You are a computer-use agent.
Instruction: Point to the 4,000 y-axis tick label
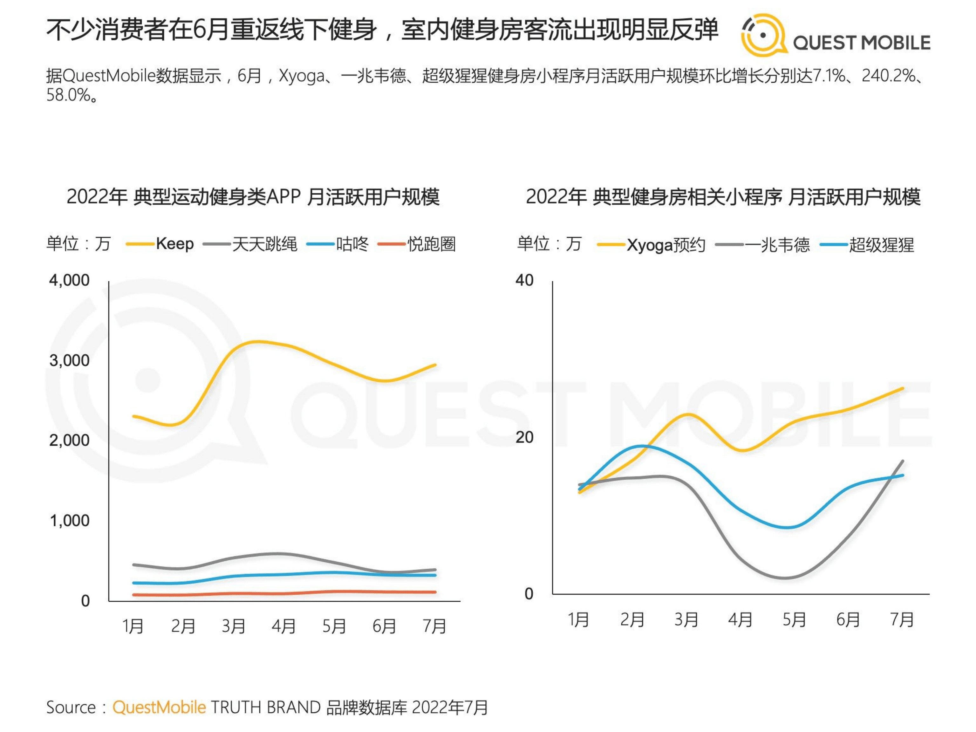pos(69,280)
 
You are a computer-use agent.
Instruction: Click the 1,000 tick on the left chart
pos(69,521)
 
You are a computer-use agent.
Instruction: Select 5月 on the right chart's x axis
pos(794,620)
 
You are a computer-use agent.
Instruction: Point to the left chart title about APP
pos(253,197)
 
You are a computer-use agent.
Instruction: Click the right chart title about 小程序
pos(723,197)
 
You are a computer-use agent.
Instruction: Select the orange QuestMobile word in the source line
pos(159,707)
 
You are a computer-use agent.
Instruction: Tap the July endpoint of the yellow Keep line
pos(435,365)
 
